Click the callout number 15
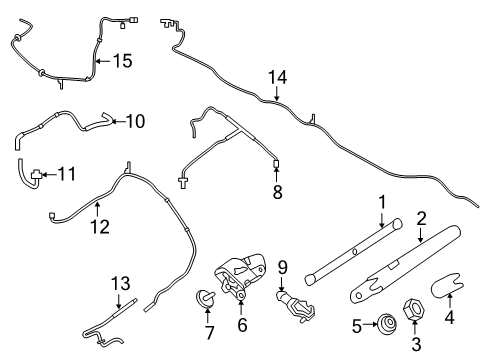tap(121, 61)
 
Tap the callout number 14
tap(277, 76)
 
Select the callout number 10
tap(135, 122)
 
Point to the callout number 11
tap(67, 174)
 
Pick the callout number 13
tap(121, 283)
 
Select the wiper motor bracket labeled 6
tap(240, 275)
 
